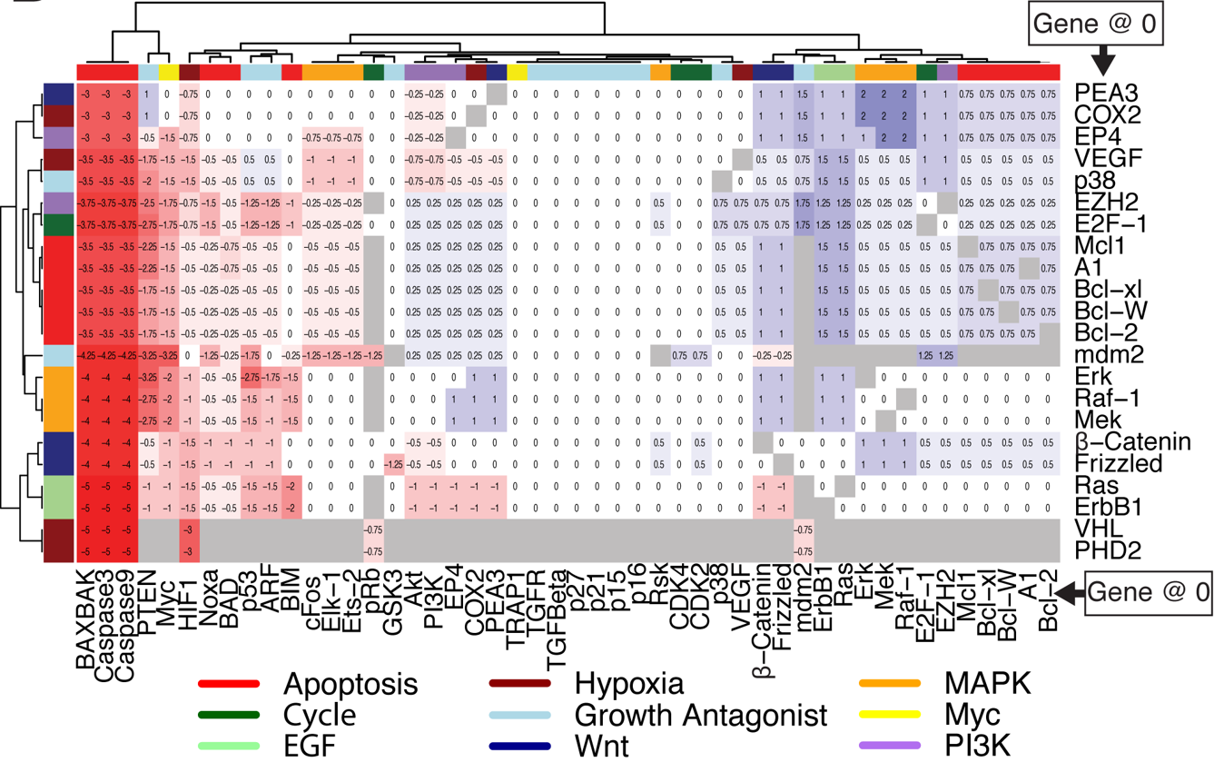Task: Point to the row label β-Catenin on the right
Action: coord(1131,441)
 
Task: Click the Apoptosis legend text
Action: coord(350,683)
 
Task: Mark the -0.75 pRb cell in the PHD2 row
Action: coord(372,550)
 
